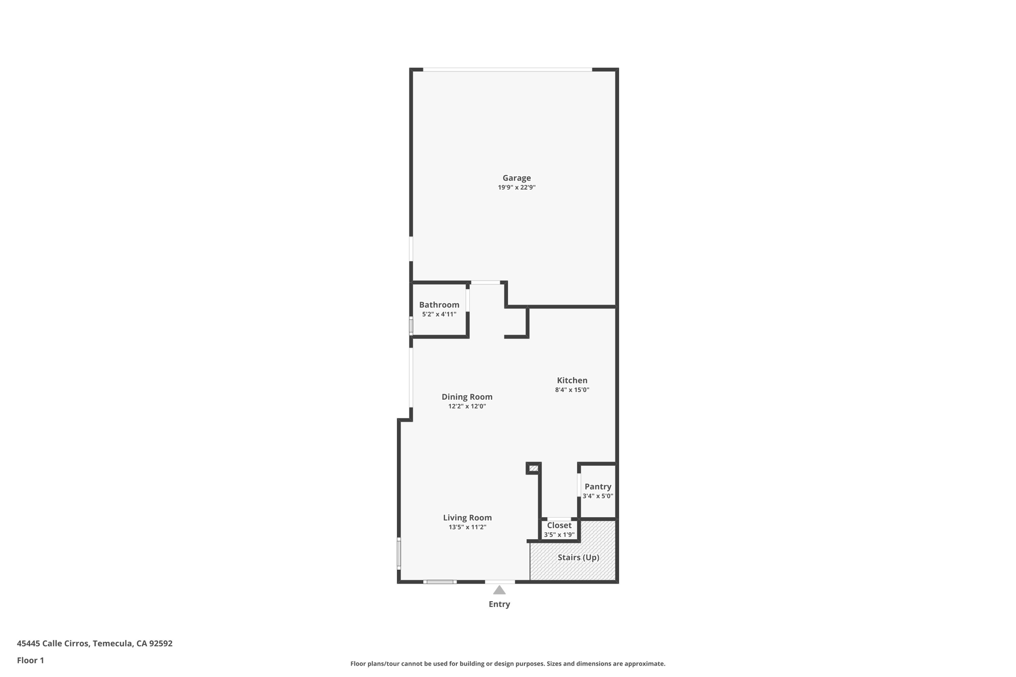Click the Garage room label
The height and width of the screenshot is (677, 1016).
516,178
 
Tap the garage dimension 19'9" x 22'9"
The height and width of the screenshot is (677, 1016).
516,187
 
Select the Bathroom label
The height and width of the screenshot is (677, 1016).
439,305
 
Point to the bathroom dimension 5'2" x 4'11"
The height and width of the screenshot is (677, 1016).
439,314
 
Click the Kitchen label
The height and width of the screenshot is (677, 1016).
572,380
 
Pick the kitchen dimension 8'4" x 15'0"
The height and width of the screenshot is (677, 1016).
572,390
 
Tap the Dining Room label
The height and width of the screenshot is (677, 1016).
467,397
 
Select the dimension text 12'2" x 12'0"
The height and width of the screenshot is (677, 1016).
467,406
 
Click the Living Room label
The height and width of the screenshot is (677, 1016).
467,518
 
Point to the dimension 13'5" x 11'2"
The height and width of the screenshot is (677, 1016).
467,527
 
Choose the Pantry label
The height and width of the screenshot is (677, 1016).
598,487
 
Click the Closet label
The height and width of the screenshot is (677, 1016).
559,525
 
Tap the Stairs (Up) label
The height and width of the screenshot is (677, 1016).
578,557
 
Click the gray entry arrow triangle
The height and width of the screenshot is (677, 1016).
500,590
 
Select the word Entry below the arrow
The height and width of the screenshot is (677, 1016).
499,604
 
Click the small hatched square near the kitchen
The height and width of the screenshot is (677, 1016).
534,468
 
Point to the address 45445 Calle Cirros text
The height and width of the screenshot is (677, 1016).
95,644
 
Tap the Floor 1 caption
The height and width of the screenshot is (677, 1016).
30,661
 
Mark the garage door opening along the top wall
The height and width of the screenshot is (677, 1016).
507,69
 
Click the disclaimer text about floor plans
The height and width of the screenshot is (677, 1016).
508,664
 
